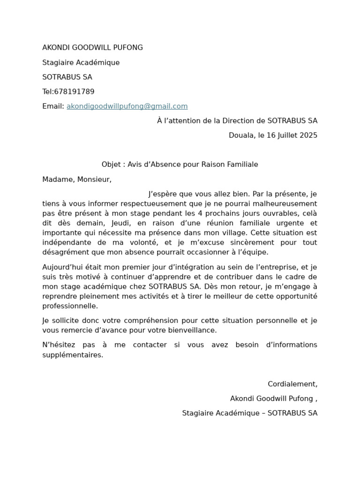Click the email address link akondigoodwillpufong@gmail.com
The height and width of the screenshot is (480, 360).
tap(127, 106)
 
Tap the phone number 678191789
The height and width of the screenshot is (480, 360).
tap(74, 92)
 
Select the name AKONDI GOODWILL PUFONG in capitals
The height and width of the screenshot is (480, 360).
tap(92, 48)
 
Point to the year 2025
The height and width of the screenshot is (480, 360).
tap(308, 135)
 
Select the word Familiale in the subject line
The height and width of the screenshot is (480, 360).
tap(242, 165)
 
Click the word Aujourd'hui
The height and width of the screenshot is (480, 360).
tap(62, 267)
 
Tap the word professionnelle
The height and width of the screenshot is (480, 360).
tap(70, 306)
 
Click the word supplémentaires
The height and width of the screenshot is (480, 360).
tap(72, 355)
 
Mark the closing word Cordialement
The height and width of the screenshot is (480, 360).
tap(292, 384)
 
